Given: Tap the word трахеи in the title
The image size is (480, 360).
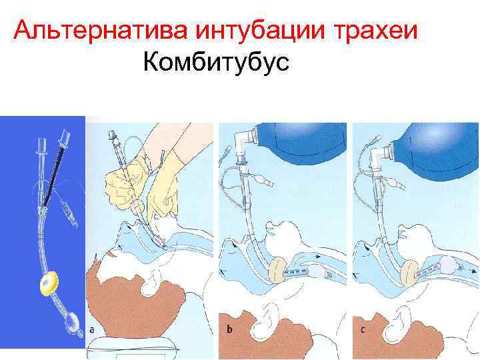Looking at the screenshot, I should tap(373, 31).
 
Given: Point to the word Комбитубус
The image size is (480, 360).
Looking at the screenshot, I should tap(215, 63).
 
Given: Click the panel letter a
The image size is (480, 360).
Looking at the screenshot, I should tap(93, 329).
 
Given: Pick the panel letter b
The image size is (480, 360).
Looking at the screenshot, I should tap(230, 329).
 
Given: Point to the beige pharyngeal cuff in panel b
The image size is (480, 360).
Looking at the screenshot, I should tap(276, 269).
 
